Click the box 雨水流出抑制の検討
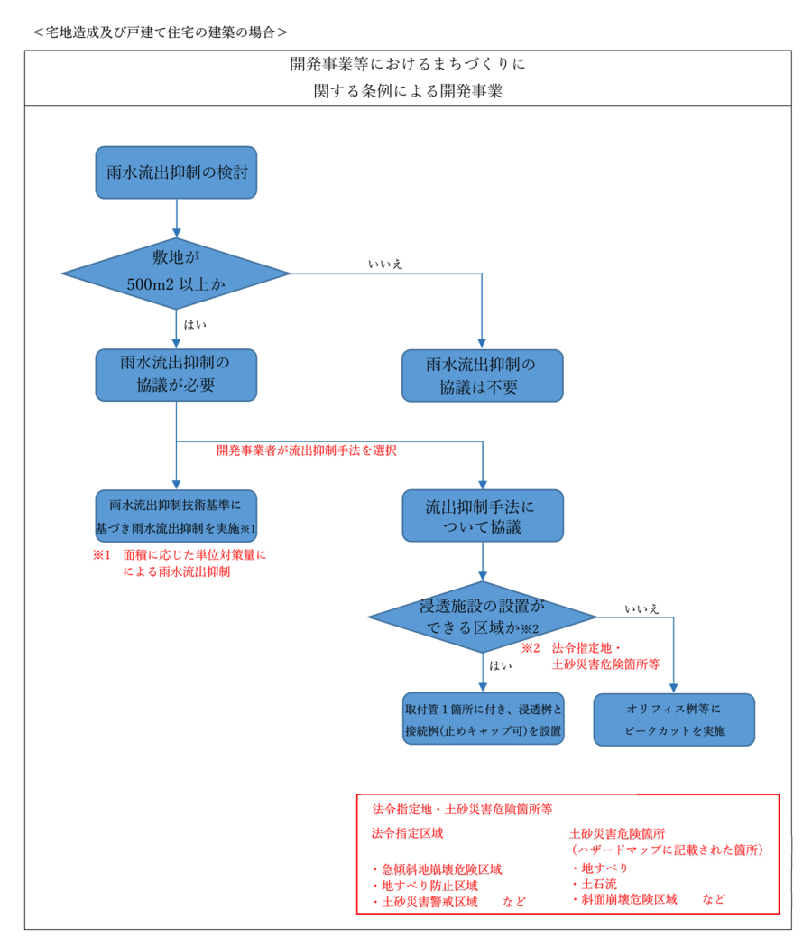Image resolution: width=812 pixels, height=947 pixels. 176,172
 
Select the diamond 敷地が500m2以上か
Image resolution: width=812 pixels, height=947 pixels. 176,272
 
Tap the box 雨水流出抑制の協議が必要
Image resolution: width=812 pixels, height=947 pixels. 176,375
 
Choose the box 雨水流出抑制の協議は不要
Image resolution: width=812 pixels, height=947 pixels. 482,376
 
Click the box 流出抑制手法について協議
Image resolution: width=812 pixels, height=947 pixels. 482,516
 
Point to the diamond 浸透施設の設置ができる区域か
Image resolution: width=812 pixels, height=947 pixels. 482,617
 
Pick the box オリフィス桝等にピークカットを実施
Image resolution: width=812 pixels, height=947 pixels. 674,719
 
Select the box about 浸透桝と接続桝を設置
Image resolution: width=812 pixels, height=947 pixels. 484,719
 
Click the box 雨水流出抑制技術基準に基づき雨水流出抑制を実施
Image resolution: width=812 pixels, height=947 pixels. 176,515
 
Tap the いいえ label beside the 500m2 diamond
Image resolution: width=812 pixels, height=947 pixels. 385,264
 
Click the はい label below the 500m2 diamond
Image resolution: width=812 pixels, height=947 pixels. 195,322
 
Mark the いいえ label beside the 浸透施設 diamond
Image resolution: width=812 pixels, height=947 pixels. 641,608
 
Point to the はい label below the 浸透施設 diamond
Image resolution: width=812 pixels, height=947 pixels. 501,665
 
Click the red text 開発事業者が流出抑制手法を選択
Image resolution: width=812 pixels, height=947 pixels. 307,450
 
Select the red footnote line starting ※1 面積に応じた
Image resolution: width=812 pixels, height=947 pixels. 180,555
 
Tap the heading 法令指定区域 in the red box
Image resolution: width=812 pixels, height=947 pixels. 407,832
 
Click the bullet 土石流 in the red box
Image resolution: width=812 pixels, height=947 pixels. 592,884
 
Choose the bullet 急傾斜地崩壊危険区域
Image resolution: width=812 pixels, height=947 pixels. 437,869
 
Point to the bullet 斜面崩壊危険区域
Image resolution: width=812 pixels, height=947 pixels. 624,899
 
